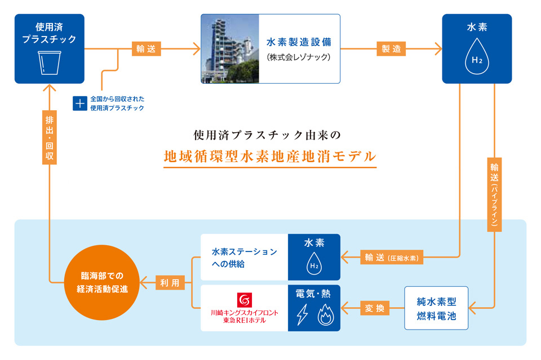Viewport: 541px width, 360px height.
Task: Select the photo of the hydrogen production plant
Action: coord(230,49)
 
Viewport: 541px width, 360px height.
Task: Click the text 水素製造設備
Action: coord(299,42)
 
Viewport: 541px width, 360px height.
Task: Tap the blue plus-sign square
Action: coord(80,103)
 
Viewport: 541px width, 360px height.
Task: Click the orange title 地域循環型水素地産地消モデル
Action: coord(270,155)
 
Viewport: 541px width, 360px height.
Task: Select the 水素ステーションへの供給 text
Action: coord(244,258)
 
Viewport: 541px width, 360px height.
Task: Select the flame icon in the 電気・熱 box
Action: coord(327,317)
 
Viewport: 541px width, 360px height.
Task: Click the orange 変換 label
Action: coord(375,308)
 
